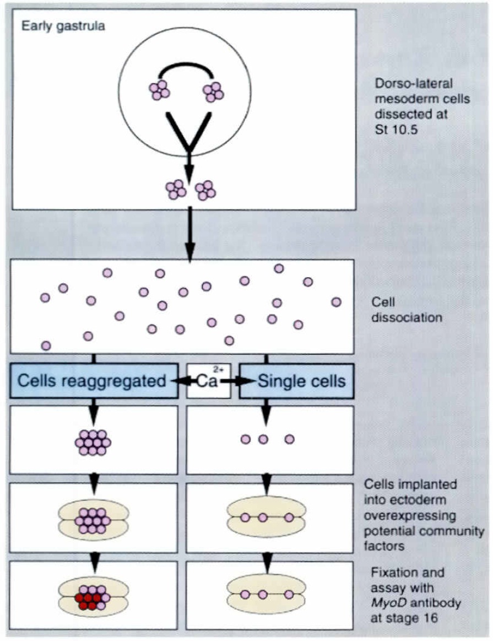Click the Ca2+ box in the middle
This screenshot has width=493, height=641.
pyautogui.click(x=208, y=380)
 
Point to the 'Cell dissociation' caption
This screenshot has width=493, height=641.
pyautogui.click(x=407, y=310)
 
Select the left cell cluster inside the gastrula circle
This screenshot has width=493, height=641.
pyautogui.click(x=159, y=91)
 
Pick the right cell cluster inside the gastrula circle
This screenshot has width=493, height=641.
pyautogui.click(x=213, y=91)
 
